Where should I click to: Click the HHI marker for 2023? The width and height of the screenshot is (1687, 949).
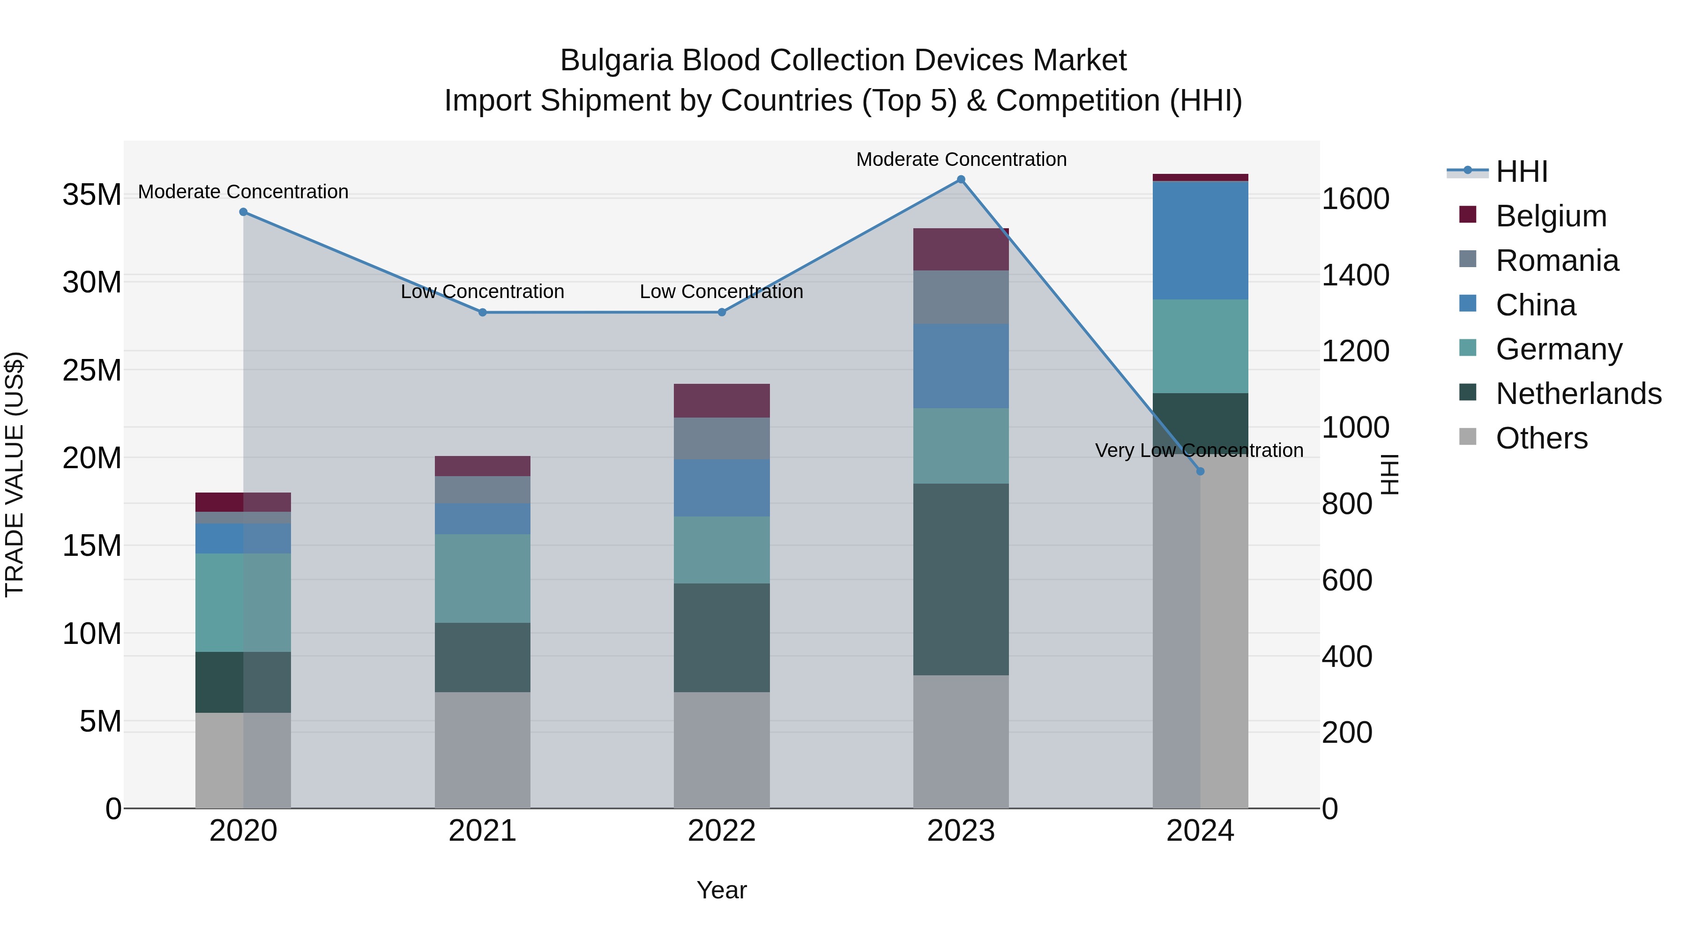tap(961, 179)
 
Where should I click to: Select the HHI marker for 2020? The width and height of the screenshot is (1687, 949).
tap(243, 212)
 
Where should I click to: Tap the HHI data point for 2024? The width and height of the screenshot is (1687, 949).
tap(1200, 471)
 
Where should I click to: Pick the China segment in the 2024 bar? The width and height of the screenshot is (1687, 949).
tap(1200, 240)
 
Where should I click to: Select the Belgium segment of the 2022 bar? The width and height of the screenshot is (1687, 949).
tap(722, 401)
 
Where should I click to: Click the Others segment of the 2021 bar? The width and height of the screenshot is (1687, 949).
tap(482, 750)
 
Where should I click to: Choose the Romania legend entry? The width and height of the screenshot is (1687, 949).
tap(1557, 261)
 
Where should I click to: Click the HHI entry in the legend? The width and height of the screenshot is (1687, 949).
tap(1521, 172)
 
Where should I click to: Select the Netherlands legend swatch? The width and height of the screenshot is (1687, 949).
tap(1468, 393)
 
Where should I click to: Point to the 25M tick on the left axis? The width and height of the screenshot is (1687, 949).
tap(92, 371)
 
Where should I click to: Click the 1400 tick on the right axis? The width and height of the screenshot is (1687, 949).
tap(1354, 275)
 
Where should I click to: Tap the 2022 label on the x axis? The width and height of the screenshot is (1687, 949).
tap(722, 831)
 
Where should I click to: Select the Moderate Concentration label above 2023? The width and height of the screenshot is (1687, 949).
tap(961, 159)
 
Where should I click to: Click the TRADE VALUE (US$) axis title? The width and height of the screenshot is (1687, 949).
tap(15, 474)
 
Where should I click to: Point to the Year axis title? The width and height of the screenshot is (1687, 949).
tap(722, 890)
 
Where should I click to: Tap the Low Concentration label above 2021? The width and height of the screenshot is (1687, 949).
tap(482, 291)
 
